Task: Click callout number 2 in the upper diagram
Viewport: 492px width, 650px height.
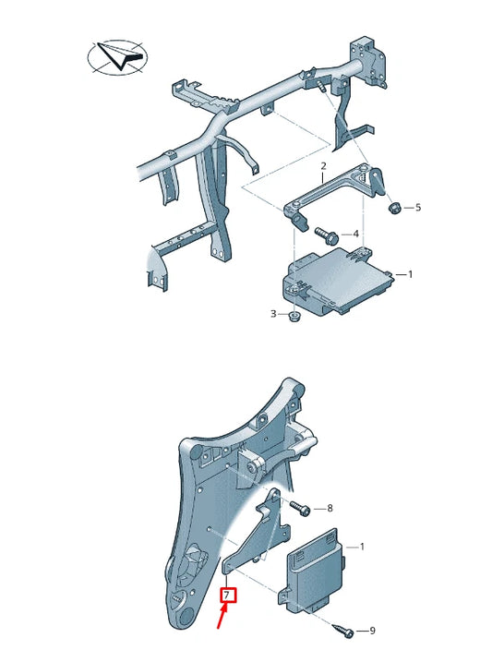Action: coord(323,167)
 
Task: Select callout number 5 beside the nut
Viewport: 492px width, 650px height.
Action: coord(417,208)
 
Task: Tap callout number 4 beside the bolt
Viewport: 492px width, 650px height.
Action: coord(355,234)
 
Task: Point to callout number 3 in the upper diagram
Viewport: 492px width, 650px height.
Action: coord(273,315)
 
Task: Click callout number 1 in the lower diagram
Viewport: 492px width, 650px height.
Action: coord(361,547)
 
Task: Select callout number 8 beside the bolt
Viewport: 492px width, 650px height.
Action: coord(330,508)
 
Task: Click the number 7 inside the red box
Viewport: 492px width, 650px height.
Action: coord(227,596)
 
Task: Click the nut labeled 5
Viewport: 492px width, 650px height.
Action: coord(394,207)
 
